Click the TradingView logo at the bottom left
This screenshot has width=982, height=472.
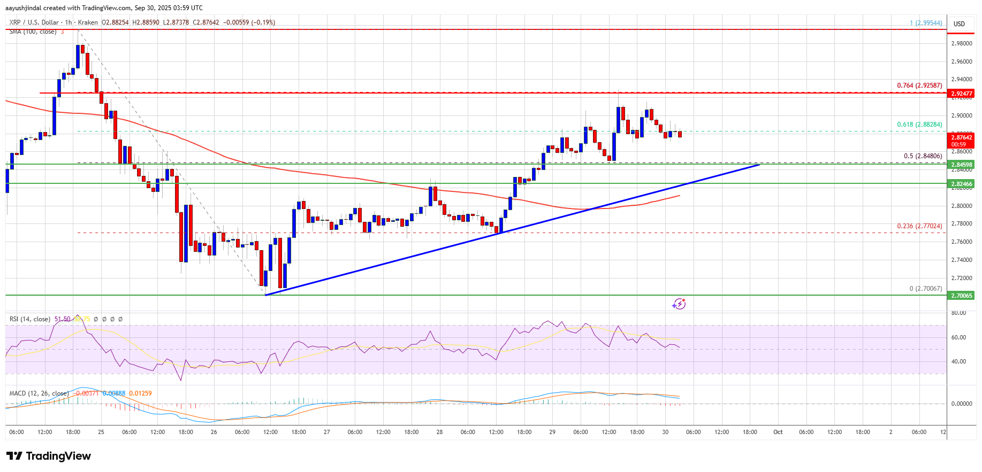pos(49,456)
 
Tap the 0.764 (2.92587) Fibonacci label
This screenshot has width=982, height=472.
pos(919,86)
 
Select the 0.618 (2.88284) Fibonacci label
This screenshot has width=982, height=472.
pos(919,125)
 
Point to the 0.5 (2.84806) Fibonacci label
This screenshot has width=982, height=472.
pos(923,156)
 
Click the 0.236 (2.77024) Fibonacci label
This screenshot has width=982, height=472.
pos(919,226)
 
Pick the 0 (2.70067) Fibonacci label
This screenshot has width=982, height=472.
pos(925,289)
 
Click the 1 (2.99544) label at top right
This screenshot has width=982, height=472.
pos(926,23)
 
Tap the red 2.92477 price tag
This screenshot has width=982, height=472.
pos(962,94)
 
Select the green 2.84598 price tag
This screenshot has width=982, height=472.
pos(962,165)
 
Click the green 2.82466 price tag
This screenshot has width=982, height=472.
pos(962,184)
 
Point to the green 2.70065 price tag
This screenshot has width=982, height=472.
pos(962,296)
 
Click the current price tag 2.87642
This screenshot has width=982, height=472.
pos(962,138)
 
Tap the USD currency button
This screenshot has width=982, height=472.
pos(959,24)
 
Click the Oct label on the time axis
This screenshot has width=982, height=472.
pos(778,432)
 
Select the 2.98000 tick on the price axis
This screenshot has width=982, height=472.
pos(962,44)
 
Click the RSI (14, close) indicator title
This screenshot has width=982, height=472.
pos(30,319)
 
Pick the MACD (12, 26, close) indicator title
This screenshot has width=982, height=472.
pos(39,393)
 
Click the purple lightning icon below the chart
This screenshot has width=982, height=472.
pos(679,304)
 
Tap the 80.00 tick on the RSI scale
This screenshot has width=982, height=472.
pos(958,313)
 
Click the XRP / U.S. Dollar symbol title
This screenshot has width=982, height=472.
pos(34,22)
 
